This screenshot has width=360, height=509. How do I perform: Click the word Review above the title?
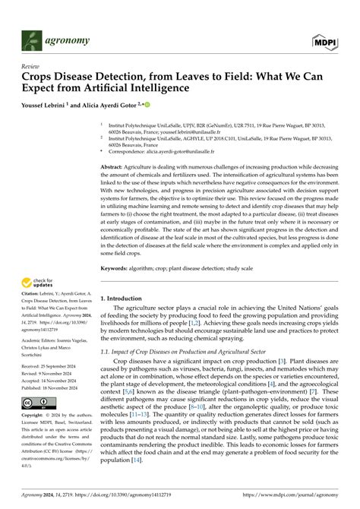(30, 67)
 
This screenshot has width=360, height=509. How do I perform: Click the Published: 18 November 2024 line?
(53, 387)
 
